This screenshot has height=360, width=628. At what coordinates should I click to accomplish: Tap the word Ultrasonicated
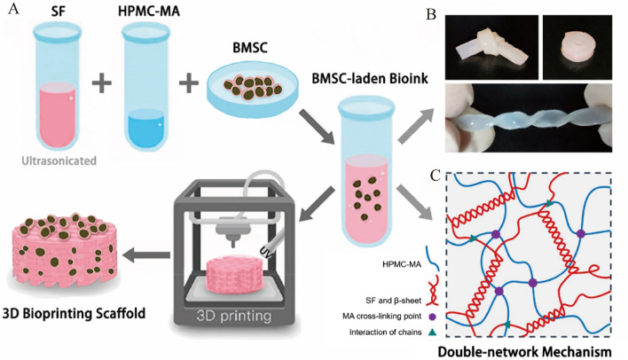59,162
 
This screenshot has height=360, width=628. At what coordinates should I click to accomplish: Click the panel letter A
11,10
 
